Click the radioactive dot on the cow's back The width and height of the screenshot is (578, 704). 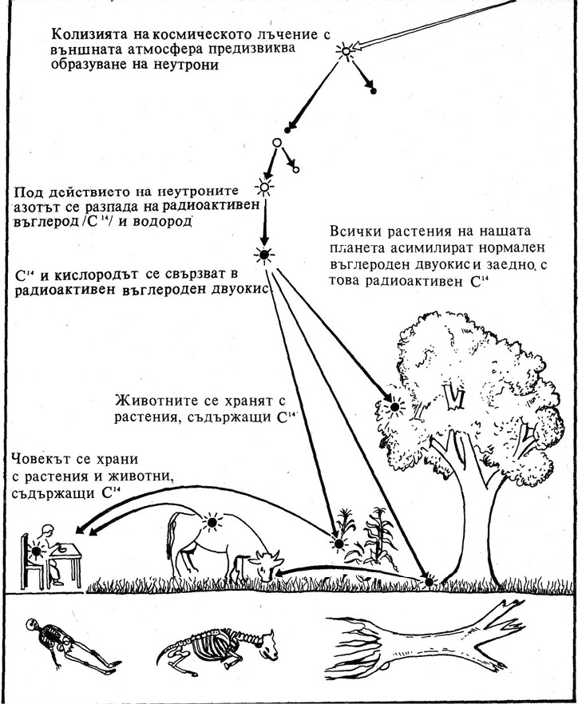coord(212,523)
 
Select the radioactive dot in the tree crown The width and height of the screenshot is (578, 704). coord(392,406)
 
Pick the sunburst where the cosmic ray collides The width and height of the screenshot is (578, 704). coord(346,53)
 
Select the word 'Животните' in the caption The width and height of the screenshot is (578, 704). coord(152,398)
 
